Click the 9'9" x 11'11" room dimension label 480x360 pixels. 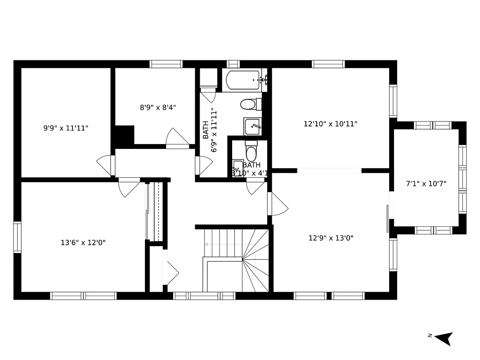point(66,128)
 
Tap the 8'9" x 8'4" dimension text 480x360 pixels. point(158,108)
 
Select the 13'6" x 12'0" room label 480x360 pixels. point(83,243)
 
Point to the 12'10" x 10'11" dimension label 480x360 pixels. point(331,124)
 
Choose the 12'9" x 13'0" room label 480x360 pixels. point(331,238)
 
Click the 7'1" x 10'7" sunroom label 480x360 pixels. point(426,184)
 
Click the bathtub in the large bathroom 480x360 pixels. point(243,80)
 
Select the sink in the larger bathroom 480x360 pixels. point(252,126)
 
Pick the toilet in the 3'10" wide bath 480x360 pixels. point(251,153)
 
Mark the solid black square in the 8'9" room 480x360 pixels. point(125,135)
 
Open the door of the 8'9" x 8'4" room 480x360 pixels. point(177,139)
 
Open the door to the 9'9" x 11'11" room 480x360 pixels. point(105,166)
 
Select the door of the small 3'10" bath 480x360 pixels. point(255,186)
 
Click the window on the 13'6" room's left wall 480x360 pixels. point(17,237)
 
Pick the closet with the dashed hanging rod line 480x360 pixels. point(156,211)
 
